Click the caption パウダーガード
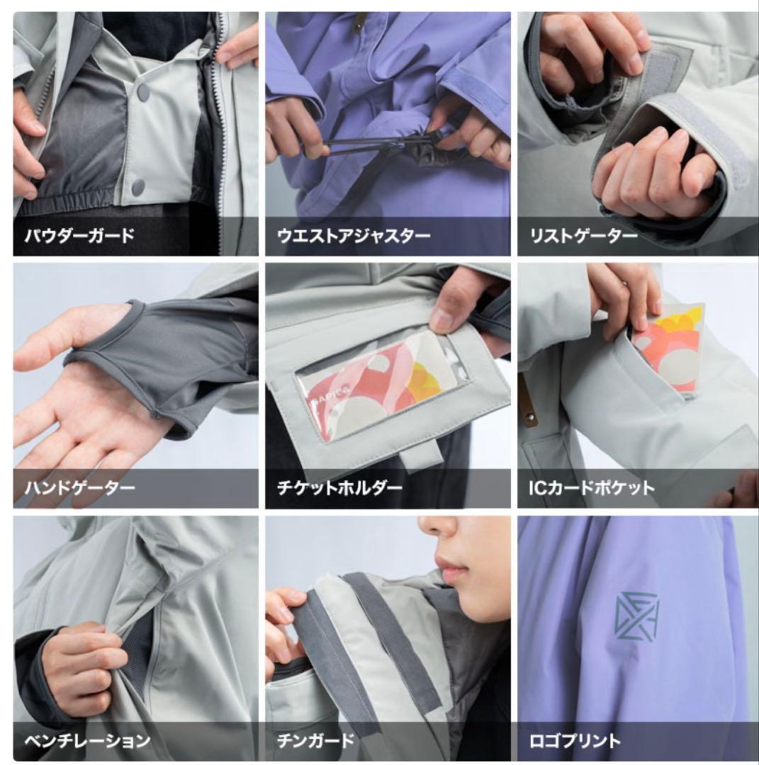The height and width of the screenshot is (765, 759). click(79, 236)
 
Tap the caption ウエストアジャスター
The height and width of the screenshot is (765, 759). click(354, 236)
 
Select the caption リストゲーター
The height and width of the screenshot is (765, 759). click(584, 236)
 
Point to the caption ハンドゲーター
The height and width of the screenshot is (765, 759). click(79, 487)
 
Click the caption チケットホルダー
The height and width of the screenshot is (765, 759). click(339, 487)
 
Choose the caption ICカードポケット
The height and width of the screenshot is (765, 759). click(592, 487)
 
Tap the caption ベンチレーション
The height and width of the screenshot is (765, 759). click(87, 741)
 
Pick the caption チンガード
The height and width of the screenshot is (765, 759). click(315, 741)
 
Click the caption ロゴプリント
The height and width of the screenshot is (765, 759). click(575, 741)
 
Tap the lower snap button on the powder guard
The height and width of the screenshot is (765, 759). click(138, 186)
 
